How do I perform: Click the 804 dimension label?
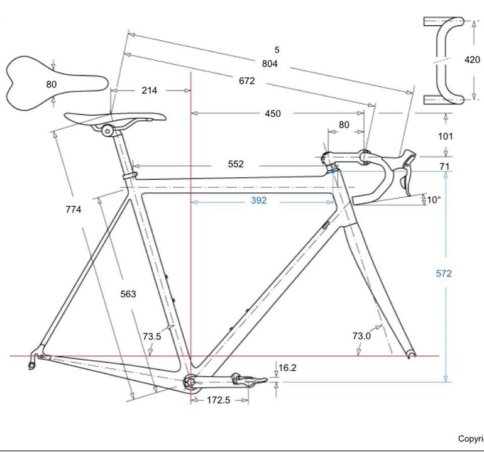tap(270, 63)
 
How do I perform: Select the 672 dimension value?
tap(247, 81)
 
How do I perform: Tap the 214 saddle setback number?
tap(150, 91)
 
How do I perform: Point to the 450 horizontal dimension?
tap(273, 114)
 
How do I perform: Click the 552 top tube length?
tap(236, 164)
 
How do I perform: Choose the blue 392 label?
tap(259, 201)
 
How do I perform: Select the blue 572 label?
tap(444, 273)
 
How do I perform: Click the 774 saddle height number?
tap(74, 209)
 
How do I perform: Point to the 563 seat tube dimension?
tap(128, 294)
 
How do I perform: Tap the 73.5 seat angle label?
tap(152, 336)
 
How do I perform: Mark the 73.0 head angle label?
tap(361, 336)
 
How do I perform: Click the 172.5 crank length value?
tap(219, 400)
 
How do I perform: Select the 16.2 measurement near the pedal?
tap(287, 368)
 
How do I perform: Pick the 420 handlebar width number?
tap(472, 60)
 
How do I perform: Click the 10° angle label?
tap(434, 200)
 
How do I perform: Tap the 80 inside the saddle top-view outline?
tap(52, 84)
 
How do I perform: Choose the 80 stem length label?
tap(344, 124)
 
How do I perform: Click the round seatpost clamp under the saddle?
tap(107, 131)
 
